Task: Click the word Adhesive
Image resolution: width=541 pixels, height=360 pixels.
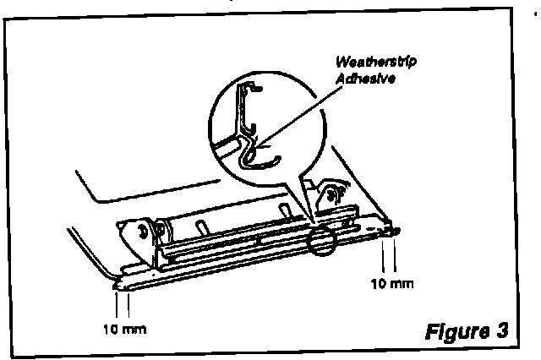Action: coord(364,77)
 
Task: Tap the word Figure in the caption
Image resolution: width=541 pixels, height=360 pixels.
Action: coord(457,330)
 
